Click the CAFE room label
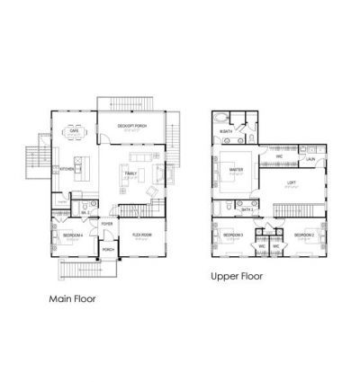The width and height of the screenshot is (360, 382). [x=73, y=130]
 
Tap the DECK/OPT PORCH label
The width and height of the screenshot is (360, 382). [x=132, y=125]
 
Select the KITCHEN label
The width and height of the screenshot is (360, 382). [x=66, y=168]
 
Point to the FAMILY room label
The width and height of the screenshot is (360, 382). [x=130, y=173]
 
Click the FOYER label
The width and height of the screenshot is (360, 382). [x=106, y=225]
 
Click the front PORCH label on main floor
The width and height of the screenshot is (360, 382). [x=107, y=249]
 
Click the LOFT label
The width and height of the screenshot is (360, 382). [x=291, y=183]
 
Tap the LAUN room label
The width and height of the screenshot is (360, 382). [x=309, y=159]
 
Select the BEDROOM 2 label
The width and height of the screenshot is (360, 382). [x=302, y=235]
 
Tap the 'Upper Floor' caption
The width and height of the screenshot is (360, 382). [x=236, y=277]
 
